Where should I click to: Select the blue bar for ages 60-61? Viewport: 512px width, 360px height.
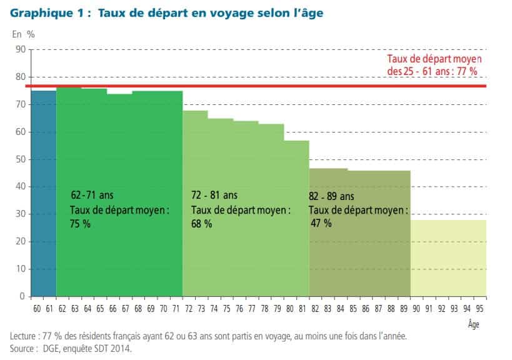pos(44,194)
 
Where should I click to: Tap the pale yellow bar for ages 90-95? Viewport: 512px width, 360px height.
pos(448,257)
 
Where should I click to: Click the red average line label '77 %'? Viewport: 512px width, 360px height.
pos(467,71)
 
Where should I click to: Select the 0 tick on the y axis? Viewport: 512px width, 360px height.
pos(22,296)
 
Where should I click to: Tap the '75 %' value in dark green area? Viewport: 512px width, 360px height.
pos(80,224)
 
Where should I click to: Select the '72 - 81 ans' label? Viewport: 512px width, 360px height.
pos(214,196)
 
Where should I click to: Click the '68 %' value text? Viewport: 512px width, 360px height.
pos(201,224)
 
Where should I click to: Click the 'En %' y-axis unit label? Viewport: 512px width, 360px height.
pos(23,34)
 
